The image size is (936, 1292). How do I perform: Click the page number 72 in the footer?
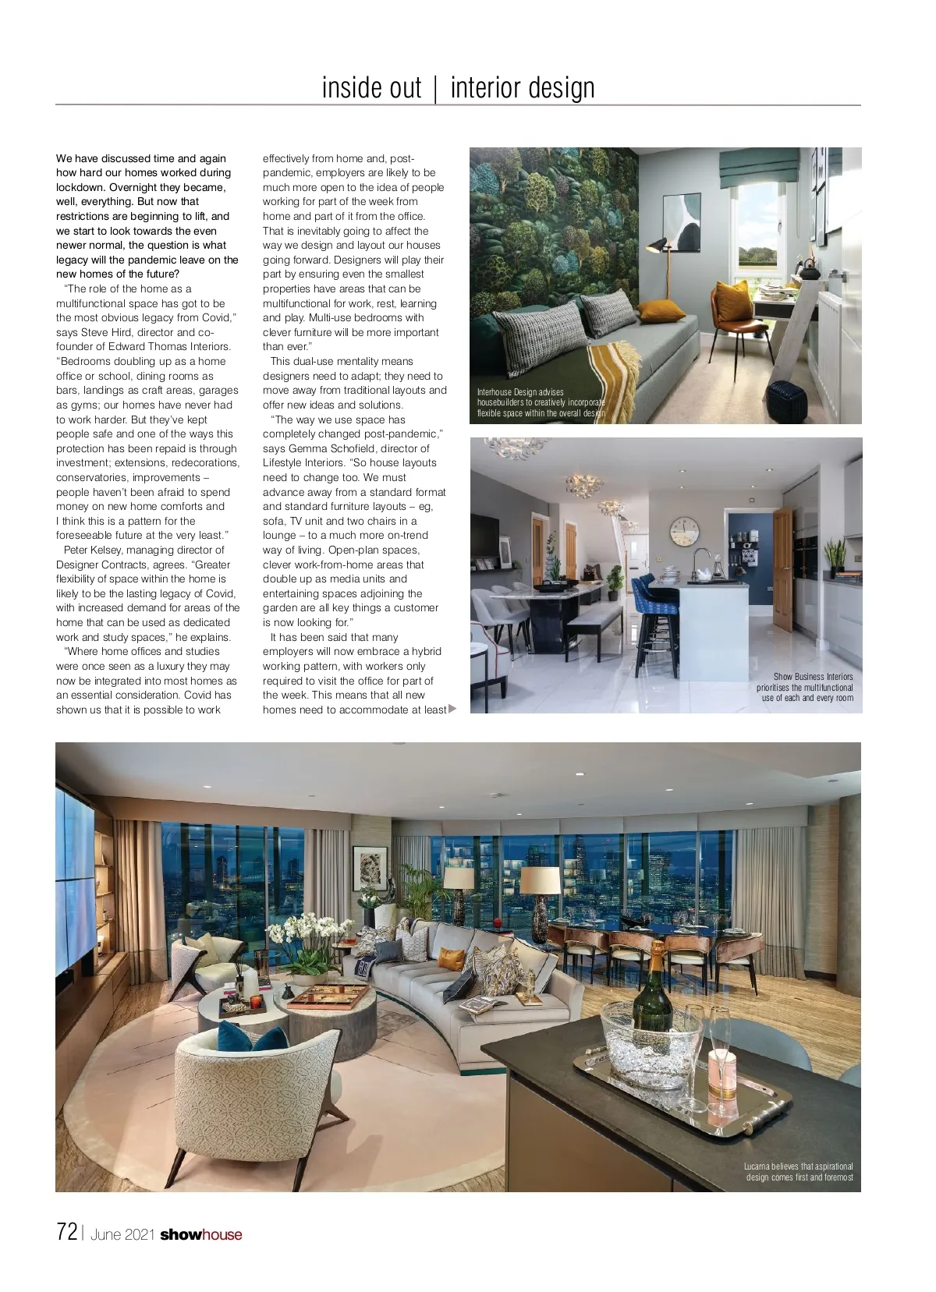point(67,1232)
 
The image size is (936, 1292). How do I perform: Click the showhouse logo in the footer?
point(201,1234)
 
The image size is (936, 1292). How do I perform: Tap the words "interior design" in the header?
point(523,87)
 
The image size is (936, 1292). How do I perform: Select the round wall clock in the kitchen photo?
point(684,533)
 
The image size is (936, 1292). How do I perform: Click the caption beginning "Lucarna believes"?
point(798,1172)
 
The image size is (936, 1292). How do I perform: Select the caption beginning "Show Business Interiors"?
point(805,687)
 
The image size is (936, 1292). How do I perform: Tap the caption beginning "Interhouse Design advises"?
point(540,402)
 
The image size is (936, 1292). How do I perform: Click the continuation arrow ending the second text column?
point(452,709)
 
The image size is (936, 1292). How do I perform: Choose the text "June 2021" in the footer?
point(122,1235)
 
